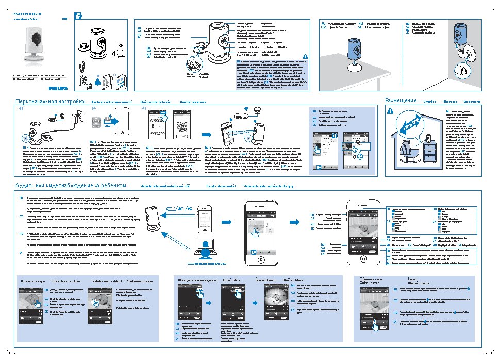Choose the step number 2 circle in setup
(94, 109)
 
